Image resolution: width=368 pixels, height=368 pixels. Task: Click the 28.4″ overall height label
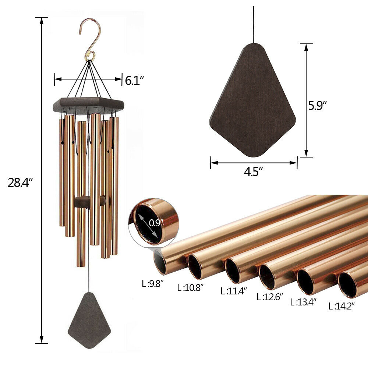21,182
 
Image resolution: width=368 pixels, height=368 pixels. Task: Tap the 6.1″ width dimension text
134,80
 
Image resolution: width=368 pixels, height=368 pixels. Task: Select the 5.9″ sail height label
318,106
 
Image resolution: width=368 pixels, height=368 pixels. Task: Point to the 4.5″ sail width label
254,171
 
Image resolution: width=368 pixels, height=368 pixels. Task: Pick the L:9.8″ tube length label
153,283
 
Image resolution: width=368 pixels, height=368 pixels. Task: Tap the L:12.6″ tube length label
270,297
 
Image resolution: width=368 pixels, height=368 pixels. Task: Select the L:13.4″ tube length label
303,302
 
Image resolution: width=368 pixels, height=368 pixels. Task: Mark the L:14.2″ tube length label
342,305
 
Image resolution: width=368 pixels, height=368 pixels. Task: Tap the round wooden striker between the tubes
89,201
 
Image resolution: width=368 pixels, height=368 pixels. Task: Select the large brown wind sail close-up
253,101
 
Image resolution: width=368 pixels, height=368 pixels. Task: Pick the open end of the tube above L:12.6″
268,276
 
